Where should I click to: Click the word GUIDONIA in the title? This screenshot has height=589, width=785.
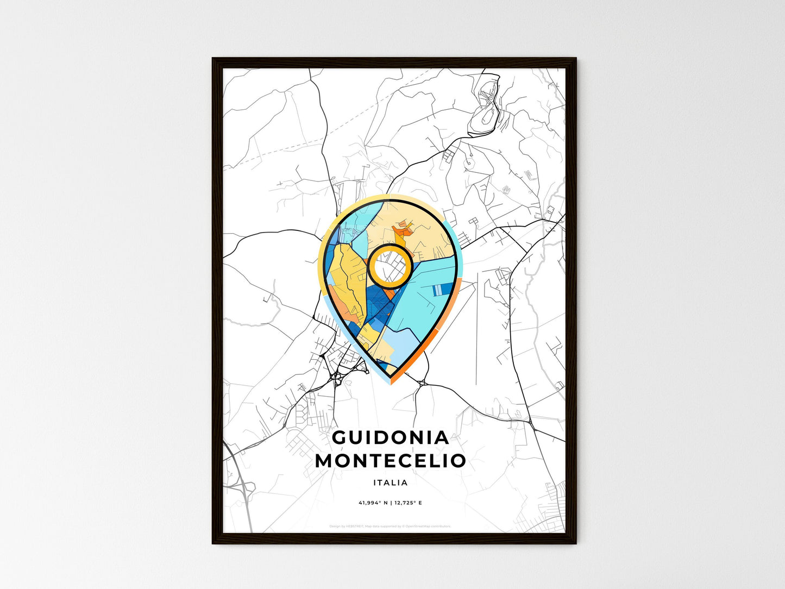tap(390, 437)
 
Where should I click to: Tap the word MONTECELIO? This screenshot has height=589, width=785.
tap(390, 461)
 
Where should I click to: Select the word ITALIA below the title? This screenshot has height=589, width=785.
tap(390, 483)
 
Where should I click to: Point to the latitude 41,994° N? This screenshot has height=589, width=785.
tap(373, 503)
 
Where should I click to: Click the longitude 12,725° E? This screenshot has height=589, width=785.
tap(409, 503)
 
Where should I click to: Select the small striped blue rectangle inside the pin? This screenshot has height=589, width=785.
tap(438, 290)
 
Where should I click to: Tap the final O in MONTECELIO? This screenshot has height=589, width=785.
tap(458, 461)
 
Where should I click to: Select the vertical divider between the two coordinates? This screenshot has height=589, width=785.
tap(391, 503)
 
